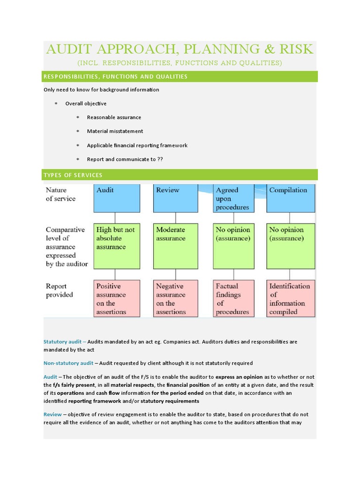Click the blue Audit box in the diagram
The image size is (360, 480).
tap(117, 198)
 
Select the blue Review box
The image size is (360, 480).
tap(176, 198)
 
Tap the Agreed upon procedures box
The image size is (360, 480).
tap(233, 198)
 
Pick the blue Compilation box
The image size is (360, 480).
tap(291, 198)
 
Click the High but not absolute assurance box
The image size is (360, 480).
tap(117, 246)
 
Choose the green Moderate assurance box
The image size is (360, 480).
tap(176, 246)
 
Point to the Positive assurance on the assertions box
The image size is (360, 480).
tap(117, 299)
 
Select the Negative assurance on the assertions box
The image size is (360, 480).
tap(176, 299)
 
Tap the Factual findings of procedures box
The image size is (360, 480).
tap(233, 299)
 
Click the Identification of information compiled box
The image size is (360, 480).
tap(291, 299)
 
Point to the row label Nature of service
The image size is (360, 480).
tap(60, 194)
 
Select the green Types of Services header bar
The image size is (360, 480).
tap(180, 175)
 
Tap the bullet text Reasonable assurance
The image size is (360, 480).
tap(114, 117)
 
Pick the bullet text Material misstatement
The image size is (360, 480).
tap(115, 131)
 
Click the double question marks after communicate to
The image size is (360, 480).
tap(160, 159)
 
